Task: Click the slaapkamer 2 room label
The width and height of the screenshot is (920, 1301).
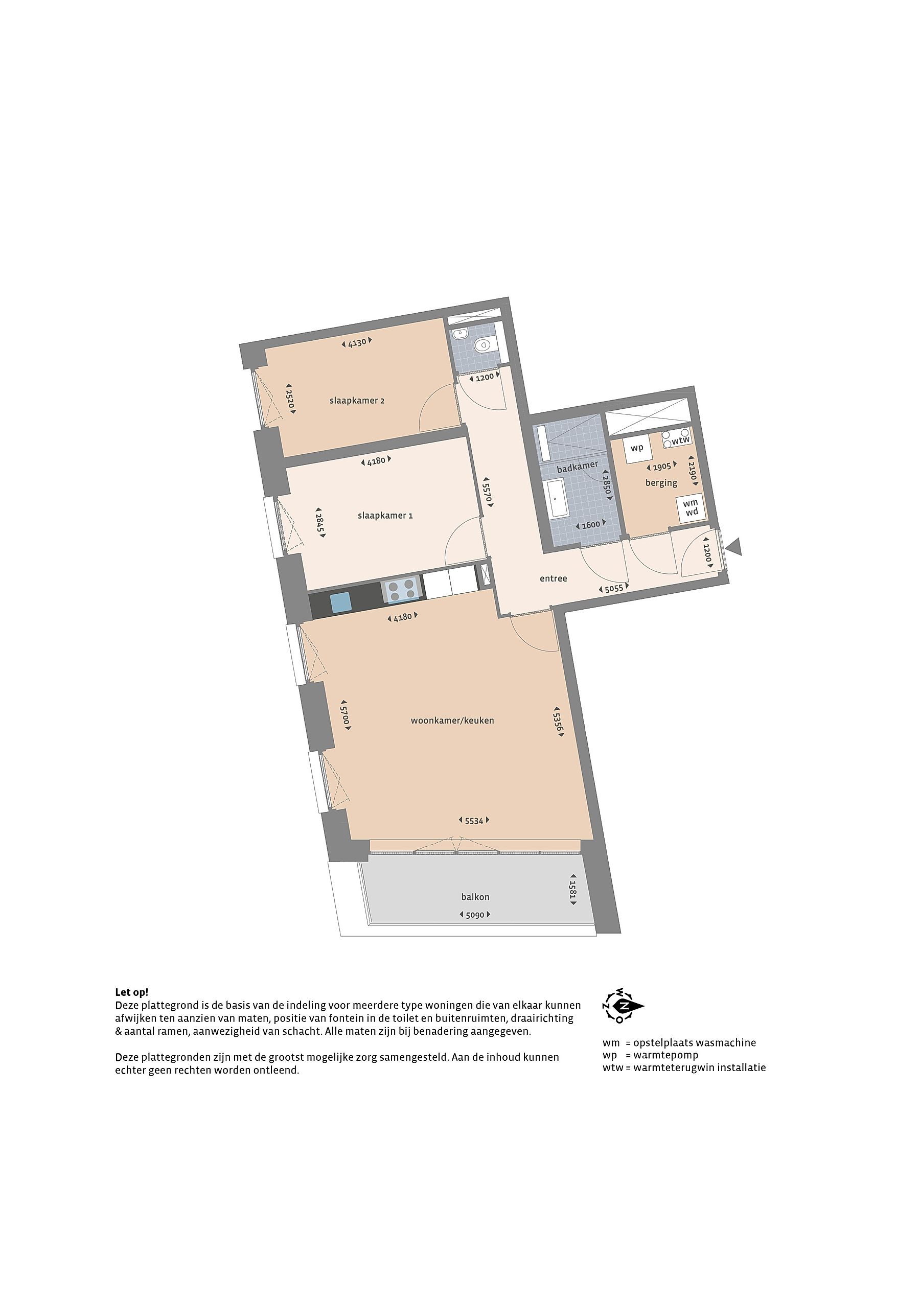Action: point(357,401)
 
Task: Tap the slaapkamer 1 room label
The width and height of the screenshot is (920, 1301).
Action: point(385,516)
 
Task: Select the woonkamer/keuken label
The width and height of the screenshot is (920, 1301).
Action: point(452,721)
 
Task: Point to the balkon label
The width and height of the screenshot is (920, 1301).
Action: point(475,897)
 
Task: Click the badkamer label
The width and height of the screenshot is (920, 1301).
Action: point(577,467)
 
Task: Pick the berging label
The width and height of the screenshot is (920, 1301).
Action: point(661,483)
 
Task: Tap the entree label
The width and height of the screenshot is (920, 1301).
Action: point(553,578)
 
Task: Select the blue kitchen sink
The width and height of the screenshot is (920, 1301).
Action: point(342,602)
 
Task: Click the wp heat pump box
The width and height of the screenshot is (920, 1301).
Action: point(637,449)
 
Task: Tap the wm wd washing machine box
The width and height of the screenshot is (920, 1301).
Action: point(691,508)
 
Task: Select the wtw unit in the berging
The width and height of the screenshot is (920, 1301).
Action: point(676,438)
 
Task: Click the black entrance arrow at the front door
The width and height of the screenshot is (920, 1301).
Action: point(734,547)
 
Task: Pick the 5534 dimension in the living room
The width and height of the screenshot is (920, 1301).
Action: point(473,821)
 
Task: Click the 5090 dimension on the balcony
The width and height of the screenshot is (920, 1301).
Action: point(474,915)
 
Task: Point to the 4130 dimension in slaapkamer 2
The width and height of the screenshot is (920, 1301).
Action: point(357,342)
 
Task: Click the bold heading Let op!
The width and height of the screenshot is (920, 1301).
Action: point(131,992)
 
